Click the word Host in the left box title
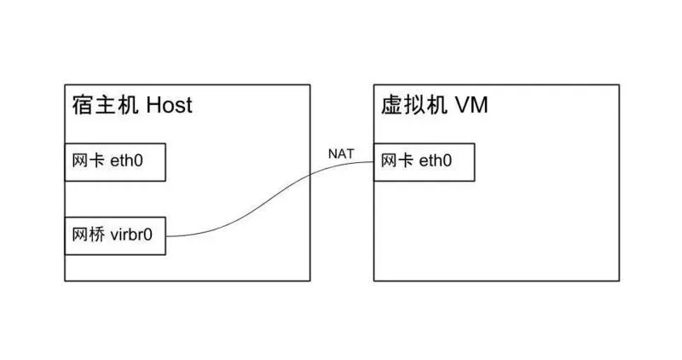coord(170,105)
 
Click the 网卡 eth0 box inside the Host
coord(115,162)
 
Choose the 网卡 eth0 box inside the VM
coord(424,162)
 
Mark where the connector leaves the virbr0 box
coord(165,235)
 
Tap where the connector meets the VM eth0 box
coord(375,163)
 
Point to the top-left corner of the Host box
coord(65,84)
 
